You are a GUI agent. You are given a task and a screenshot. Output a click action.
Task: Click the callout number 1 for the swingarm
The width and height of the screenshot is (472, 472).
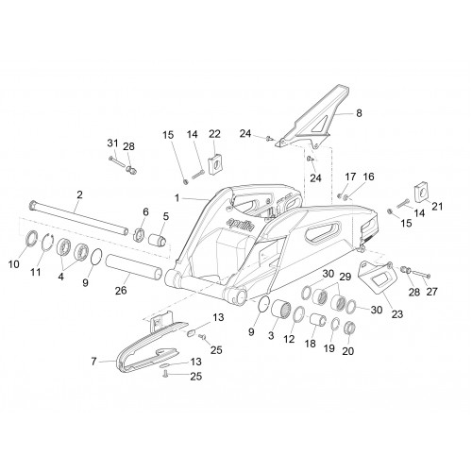177,198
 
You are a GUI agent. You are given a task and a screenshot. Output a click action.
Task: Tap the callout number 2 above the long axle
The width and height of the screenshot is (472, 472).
79,194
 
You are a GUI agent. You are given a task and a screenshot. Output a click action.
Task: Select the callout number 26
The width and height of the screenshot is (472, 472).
121,290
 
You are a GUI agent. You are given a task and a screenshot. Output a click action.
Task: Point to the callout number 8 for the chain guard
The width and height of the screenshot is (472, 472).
359,113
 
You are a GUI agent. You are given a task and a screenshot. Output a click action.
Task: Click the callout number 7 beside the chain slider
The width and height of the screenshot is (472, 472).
93,362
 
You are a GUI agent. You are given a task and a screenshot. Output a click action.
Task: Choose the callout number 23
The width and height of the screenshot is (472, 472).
397,313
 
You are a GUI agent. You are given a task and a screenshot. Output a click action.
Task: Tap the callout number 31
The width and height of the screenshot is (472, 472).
112,143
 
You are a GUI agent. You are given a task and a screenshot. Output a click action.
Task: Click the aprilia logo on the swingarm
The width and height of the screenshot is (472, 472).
241,224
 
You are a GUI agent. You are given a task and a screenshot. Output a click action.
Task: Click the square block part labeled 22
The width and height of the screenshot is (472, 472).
215,163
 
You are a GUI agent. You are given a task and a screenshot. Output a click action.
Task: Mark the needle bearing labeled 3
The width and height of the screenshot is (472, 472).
281,310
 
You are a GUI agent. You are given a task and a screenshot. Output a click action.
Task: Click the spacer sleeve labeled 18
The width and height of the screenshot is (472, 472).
318,320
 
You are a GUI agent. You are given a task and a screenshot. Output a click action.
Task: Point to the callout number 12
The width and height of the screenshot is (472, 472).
289,339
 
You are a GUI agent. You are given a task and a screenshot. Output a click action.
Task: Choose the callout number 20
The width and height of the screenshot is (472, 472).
348,351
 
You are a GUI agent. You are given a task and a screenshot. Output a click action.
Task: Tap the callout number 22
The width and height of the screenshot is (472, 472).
214,134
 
